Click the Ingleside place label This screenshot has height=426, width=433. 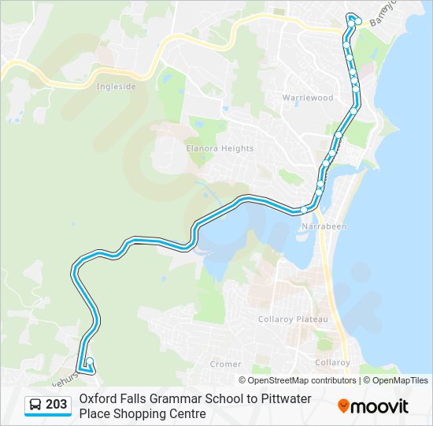pyautogui.click(x=115, y=88)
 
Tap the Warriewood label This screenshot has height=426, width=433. pyautogui.click(x=308, y=98)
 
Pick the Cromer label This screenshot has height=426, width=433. pyautogui.click(x=226, y=364)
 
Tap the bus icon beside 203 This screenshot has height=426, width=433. pyautogui.click(x=35, y=405)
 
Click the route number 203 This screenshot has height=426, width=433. pyautogui.click(x=56, y=405)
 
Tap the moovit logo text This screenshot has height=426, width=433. pyautogui.click(x=380, y=406)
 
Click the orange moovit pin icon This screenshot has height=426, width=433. pyautogui.click(x=343, y=406)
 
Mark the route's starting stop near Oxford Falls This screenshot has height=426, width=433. pyautogui.click(x=90, y=362)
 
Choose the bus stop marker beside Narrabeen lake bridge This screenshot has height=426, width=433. pyautogui.click(x=303, y=209)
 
